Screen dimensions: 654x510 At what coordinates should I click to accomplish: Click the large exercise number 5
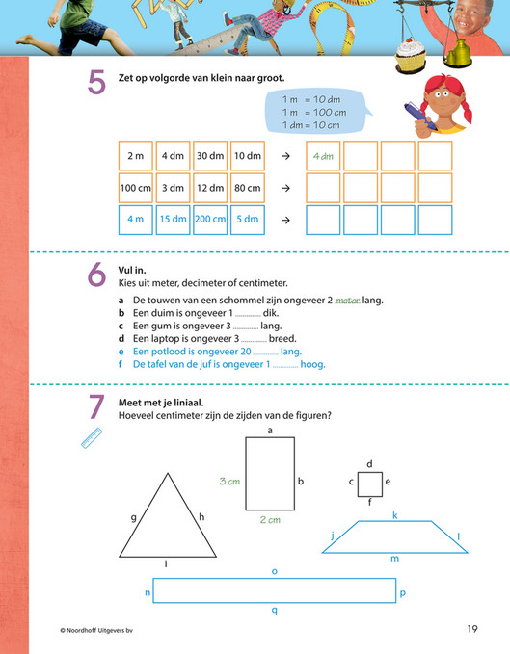[96, 83]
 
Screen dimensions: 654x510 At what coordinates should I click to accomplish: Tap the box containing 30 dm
[209, 156]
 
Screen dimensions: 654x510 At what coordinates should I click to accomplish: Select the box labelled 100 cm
[134, 187]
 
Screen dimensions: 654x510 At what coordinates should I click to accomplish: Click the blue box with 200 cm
[209, 219]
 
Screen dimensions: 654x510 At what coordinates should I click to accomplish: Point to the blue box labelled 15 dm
[172, 219]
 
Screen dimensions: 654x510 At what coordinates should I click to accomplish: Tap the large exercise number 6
[96, 276]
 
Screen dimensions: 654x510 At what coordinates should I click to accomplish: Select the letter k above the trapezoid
[394, 514]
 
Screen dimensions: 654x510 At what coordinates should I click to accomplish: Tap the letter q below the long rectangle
[275, 610]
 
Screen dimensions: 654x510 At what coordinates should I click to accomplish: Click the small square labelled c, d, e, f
[370, 482]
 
